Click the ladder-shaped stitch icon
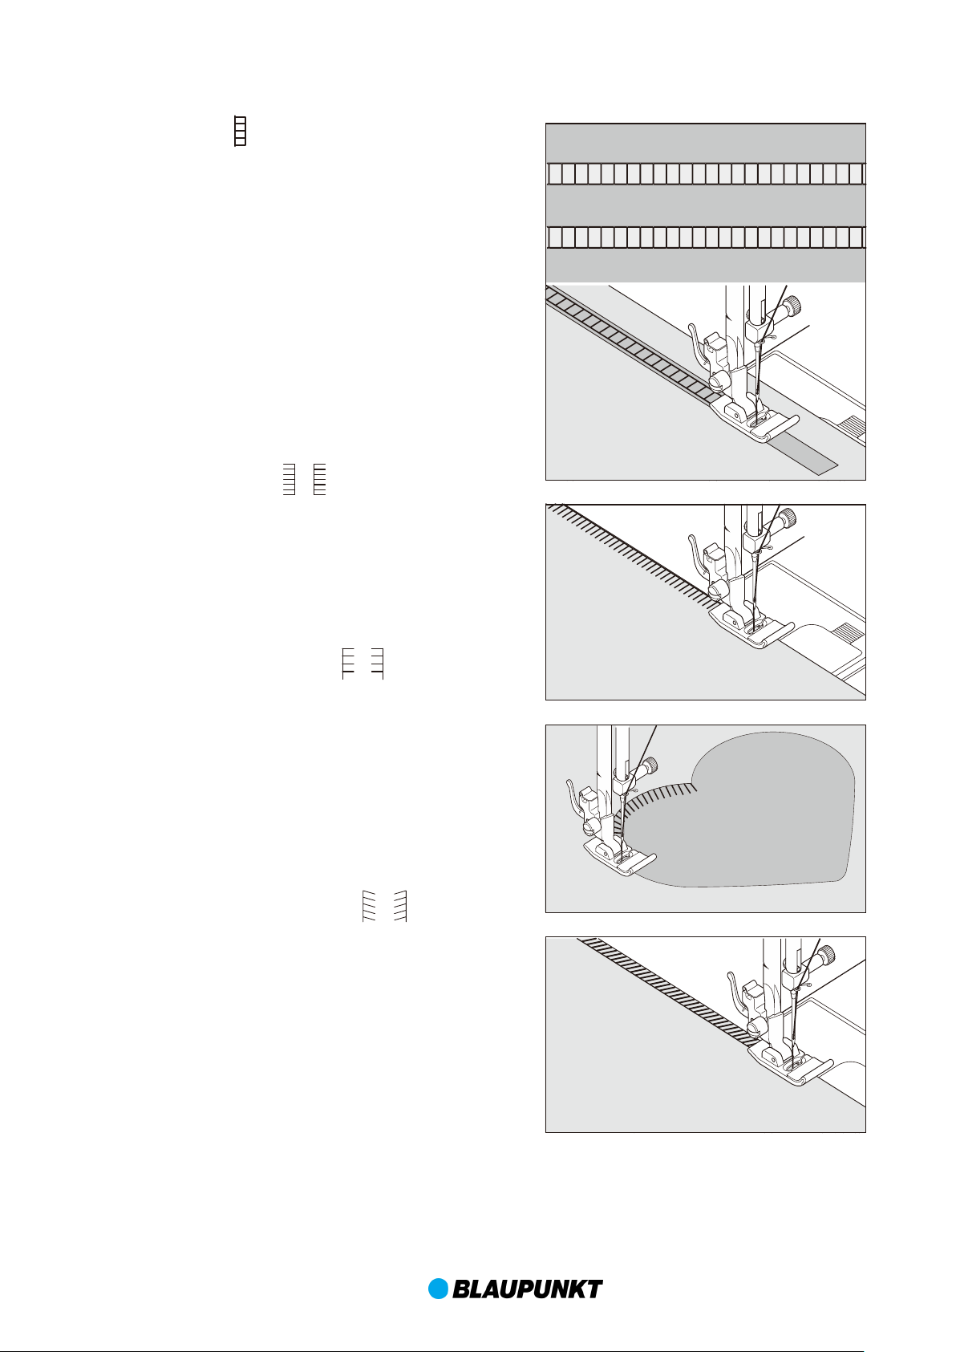[x=240, y=130]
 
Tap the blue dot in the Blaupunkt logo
[x=439, y=1289]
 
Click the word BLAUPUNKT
[x=528, y=1289]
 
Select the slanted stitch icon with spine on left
[x=369, y=906]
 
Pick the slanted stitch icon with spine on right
[x=400, y=906]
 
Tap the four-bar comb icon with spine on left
[x=348, y=664]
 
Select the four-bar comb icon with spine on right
[x=378, y=664]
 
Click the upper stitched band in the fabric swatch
[x=706, y=174]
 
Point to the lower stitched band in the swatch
[x=706, y=238]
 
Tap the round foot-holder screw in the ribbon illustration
[x=716, y=380]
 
